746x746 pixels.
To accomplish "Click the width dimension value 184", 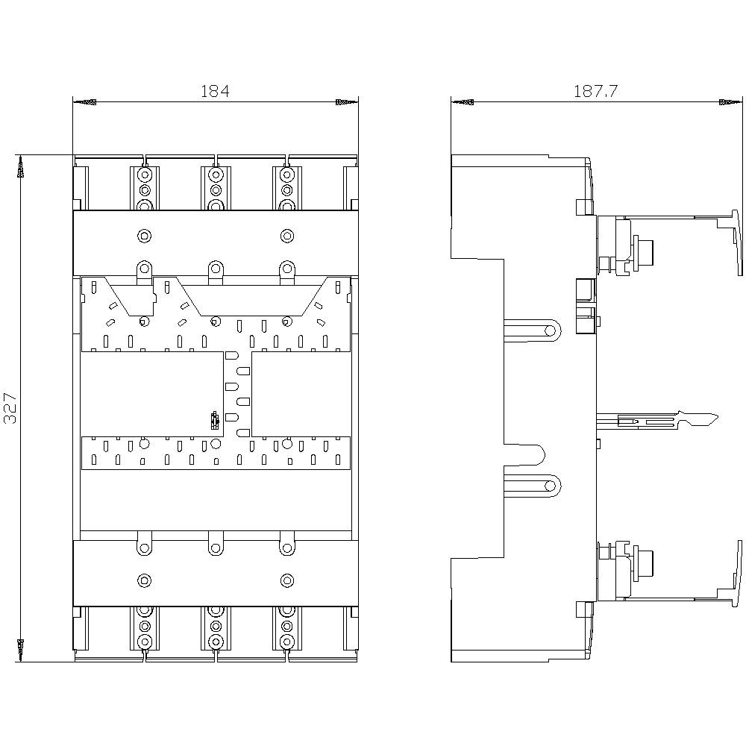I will tap(215, 91).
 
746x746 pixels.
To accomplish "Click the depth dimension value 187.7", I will tap(595, 91).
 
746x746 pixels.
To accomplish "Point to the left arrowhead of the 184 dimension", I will tap(84, 101).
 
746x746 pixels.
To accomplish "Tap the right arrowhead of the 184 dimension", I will tap(347, 101).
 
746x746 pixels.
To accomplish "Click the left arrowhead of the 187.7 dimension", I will tap(463, 101).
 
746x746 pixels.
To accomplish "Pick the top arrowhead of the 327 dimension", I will tap(21, 168).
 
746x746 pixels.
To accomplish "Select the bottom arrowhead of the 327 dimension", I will tap(21, 649).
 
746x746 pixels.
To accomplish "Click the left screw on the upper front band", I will tap(144, 236).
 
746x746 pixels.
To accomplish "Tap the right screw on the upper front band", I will tap(286, 236).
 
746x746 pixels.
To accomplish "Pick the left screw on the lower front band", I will tap(144, 580).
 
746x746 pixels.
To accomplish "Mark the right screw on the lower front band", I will tap(286, 580).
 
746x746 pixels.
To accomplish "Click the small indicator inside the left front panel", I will tap(214, 421).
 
